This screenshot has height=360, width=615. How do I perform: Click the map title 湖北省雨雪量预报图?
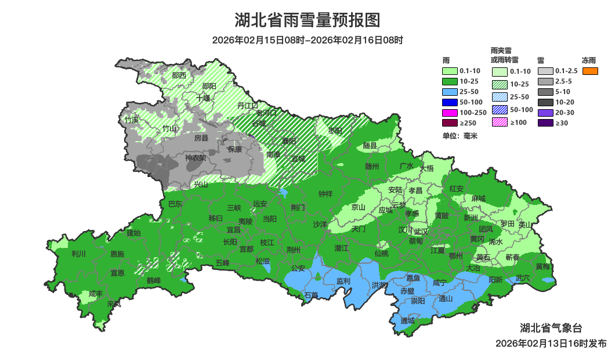[307, 20]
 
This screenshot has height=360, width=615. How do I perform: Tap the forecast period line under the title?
[307, 40]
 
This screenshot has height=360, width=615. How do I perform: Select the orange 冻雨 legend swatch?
[590, 71]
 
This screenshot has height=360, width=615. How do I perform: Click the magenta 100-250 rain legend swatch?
[450, 112]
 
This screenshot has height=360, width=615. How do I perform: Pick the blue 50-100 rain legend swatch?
[450, 102]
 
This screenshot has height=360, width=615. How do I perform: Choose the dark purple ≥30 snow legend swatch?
[545, 123]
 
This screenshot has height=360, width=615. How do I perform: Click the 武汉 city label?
[421, 231]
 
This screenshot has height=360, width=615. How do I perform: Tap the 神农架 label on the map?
[196, 158]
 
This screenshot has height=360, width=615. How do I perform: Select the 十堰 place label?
[203, 98]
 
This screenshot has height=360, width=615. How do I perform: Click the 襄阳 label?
[288, 141]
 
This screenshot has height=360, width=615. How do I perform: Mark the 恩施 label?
[117, 254]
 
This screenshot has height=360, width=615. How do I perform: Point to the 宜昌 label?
[233, 230]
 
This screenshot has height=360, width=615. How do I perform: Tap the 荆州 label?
[294, 250]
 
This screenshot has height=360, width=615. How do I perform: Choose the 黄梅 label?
[542, 267]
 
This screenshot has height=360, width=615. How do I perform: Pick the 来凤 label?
[114, 304]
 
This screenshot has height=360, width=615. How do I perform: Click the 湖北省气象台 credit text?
[551, 328]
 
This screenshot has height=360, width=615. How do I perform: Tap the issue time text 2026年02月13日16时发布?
[551, 343]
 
